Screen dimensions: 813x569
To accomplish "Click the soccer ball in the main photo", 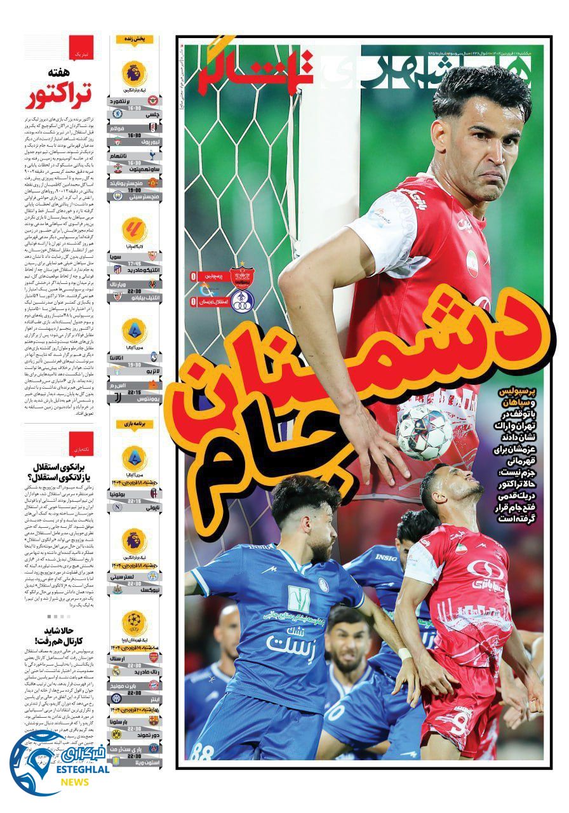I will coord(424,433).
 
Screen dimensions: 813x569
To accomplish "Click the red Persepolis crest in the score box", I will coord(241,275).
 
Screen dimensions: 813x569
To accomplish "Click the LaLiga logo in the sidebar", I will coord(134,231).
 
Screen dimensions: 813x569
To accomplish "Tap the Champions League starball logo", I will coord(134,620).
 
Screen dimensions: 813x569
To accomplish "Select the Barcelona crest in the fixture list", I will coord(153,720).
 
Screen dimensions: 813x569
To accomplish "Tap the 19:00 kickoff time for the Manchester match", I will coord(134,189).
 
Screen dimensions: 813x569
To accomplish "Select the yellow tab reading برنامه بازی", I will coord(134,424).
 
